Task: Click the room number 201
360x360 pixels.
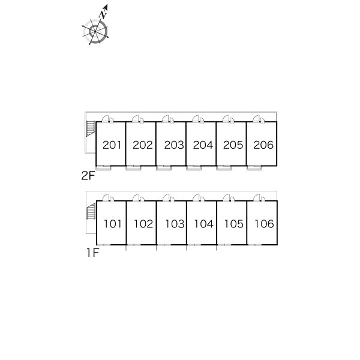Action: (x=112, y=145)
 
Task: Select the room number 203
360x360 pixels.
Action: (x=174, y=145)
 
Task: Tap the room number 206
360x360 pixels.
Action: (x=263, y=145)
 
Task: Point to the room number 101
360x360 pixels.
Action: (x=113, y=224)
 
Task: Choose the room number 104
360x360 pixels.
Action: (x=203, y=224)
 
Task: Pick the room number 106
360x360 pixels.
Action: (x=264, y=224)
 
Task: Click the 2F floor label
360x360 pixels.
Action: (x=88, y=176)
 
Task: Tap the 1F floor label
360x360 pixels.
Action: (x=92, y=253)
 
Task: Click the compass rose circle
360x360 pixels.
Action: (x=95, y=31)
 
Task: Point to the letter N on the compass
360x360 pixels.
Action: (x=103, y=14)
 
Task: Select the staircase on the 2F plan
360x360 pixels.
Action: (x=91, y=128)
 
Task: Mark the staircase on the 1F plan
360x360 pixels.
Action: (x=91, y=211)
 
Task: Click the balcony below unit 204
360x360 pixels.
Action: (x=194, y=168)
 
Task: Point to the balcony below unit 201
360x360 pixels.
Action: (x=103, y=168)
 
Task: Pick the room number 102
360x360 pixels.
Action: (x=143, y=224)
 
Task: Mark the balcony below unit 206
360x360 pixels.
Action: (x=254, y=168)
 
